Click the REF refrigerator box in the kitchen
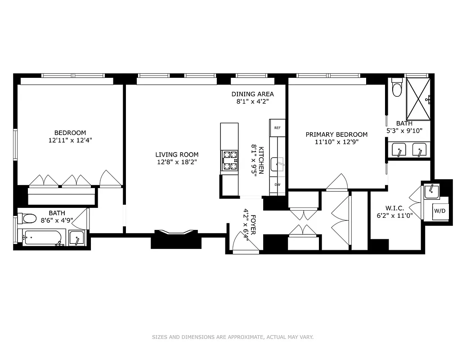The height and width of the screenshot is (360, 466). (x=277, y=128)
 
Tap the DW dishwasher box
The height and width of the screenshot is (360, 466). (x=277, y=184)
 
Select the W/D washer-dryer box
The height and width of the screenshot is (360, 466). (x=440, y=211)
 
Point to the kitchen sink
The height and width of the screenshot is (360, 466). (x=278, y=165)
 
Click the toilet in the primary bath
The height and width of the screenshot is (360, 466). (x=397, y=88)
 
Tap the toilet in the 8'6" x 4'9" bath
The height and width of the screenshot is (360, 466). (x=28, y=219)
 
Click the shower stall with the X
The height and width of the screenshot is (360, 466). (x=418, y=99)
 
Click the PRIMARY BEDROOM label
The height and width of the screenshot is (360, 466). (x=336, y=135)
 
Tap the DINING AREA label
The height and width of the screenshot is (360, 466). (x=252, y=94)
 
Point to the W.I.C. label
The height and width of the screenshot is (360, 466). (x=394, y=208)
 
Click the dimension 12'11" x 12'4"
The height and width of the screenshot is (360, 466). (x=70, y=140)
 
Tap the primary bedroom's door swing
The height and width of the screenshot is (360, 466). (x=337, y=183)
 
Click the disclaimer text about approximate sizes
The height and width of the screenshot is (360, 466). (x=233, y=337)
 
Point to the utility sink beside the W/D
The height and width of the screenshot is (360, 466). (x=432, y=191)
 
